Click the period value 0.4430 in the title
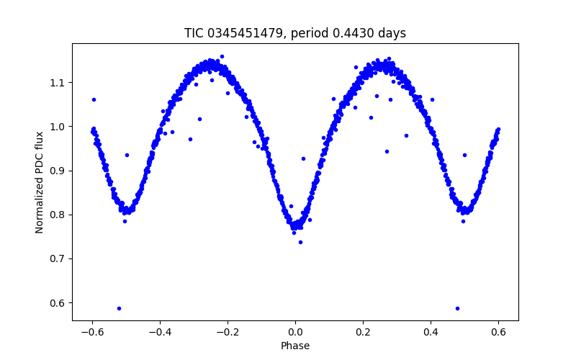(342, 33)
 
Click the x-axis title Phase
(295, 346)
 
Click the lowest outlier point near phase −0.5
(119, 308)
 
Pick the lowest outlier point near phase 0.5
(457, 308)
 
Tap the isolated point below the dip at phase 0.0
(300, 242)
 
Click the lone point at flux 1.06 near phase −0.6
(94, 99)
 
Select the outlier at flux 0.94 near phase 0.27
(387, 151)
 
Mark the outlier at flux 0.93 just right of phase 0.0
(303, 158)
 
